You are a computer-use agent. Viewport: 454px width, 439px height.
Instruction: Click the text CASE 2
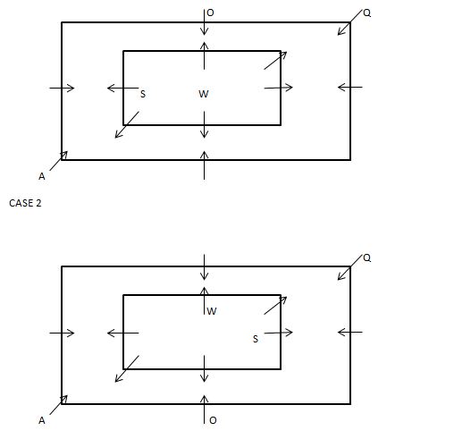click(25, 203)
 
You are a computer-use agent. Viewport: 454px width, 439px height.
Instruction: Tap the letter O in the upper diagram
click(210, 13)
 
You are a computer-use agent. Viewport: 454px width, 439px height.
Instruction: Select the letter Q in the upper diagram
click(367, 13)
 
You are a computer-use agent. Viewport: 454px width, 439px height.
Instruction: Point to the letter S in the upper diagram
click(143, 94)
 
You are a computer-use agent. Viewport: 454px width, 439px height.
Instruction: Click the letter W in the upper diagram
click(204, 94)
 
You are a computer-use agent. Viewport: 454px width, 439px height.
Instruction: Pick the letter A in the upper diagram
click(42, 176)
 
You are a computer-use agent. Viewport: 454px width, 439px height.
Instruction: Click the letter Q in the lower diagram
click(367, 257)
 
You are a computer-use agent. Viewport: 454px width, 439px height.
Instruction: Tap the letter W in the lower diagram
click(212, 311)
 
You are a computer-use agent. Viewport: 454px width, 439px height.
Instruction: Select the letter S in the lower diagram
click(256, 339)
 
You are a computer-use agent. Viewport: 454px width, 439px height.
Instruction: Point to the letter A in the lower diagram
click(42, 420)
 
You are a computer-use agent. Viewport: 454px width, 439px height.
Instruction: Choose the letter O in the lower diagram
click(213, 420)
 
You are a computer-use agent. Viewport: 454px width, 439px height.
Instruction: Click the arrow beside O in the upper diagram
click(204, 22)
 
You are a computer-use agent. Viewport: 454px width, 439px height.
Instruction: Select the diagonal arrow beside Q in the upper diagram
click(349, 22)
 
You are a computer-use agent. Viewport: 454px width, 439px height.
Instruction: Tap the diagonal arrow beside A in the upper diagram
click(59, 161)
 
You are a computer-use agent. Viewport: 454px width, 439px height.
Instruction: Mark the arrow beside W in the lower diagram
click(204, 300)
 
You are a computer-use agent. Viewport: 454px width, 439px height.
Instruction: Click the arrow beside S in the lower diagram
click(279, 333)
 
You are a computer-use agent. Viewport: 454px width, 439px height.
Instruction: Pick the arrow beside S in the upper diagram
click(122, 88)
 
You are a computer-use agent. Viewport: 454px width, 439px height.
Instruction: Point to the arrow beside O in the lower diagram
click(204, 409)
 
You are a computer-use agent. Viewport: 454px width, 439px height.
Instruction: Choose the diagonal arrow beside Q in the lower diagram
click(349, 267)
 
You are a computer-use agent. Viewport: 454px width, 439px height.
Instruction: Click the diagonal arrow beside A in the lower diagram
click(59, 405)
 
